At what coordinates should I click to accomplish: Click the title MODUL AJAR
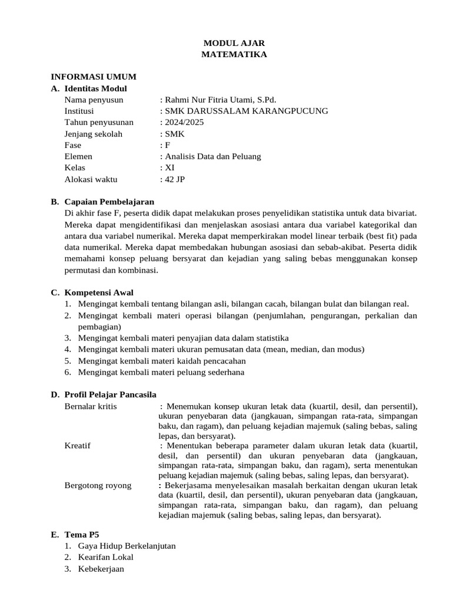[x=234, y=43]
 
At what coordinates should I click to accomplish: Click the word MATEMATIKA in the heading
[x=234, y=54]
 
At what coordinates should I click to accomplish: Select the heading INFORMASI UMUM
[x=94, y=77]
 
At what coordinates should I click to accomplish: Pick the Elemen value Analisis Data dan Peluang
[x=212, y=156]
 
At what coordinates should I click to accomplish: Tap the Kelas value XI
[x=169, y=168]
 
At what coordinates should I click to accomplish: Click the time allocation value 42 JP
[x=174, y=179]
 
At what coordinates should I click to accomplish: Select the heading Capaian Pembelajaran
[x=109, y=202]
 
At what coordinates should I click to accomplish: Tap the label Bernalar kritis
[x=91, y=406]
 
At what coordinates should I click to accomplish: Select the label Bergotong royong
[x=98, y=485]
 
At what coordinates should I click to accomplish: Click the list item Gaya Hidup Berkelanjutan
[x=127, y=546]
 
